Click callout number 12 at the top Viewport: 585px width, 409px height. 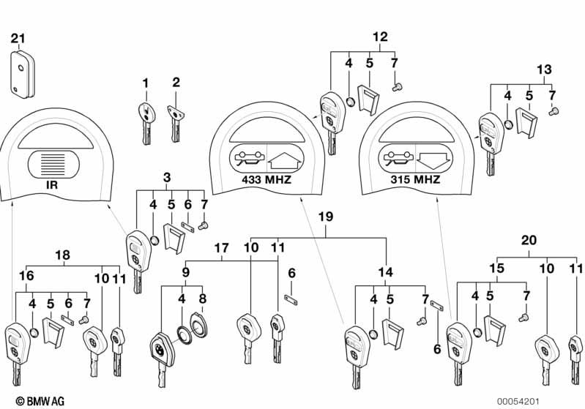[380, 37]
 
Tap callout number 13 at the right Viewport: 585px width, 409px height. [544, 70]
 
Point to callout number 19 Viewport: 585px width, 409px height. [326, 216]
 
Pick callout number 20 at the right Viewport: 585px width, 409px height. [528, 240]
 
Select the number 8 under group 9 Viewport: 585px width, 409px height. [203, 299]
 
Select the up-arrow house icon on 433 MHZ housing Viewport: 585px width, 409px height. [286, 159]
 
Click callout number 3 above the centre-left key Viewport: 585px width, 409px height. [167, 177]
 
